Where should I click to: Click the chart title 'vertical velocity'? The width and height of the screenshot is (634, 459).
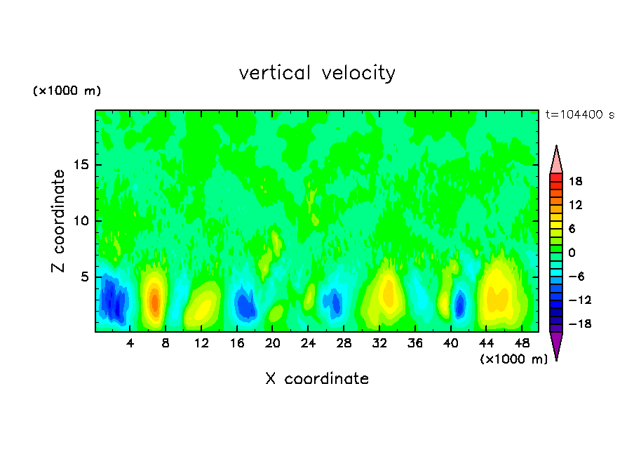point(317,73)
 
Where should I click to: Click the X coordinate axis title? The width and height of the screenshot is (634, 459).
point(317,379)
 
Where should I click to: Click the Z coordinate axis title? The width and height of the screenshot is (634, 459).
point(59,221)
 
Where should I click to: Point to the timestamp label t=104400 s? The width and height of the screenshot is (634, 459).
point(579,114)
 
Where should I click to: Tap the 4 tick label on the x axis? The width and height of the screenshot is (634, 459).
point(130,343)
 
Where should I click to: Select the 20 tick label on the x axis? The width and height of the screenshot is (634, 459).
point(273,343)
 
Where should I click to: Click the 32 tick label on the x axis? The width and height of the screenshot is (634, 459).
point(379,343)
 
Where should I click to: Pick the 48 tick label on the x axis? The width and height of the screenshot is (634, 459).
point(521,343)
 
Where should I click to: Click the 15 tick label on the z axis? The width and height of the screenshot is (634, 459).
point(82,166)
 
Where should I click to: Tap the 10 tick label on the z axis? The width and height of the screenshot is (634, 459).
point(82,221)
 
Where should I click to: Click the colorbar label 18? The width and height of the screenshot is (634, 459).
point(576,181)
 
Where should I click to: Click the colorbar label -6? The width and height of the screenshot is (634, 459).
point(576,276)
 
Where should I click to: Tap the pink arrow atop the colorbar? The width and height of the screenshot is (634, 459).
point(556,159)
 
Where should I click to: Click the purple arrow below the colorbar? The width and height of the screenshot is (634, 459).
point(556,345)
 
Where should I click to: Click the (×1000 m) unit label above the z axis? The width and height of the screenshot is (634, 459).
point(67,91)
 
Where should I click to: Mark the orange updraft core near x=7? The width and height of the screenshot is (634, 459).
point(154,300)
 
